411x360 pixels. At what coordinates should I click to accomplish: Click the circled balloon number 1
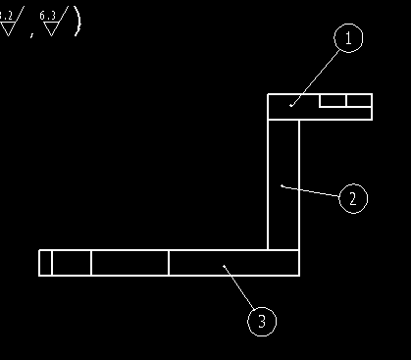pyautogui.click(x=347, y=38)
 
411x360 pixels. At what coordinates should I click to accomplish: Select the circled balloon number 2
pyautogui.click(x=352, y=198)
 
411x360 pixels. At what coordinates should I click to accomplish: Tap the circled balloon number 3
pyautogui.click(x=261, y=320)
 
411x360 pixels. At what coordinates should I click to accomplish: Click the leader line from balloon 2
pyautogui.click(x=312, y=191)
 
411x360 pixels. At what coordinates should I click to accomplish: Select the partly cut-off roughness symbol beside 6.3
pyautogui.click(x=9, y=22)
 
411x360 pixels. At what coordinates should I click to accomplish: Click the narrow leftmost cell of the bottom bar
pyautogui.click(x=45, y=263)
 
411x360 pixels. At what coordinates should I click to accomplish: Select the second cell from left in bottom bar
pyautogui.click(x=72, y=263)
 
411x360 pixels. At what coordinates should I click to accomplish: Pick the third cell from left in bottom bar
pyautogui.click(x=129, y=263)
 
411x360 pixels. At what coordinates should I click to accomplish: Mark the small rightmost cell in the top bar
pyautogui.click(x=359, y=100)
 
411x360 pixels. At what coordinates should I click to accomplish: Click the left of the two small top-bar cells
pyautogui.click(x=333, y=100)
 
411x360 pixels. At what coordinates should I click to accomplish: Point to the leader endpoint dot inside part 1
pyautogui.click(x=291, y=102)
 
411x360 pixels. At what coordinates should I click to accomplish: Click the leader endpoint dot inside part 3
pyautogui.click(x=225, y=265)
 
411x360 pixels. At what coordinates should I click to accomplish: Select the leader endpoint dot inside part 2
pyautogui.click(x=282, y=184)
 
